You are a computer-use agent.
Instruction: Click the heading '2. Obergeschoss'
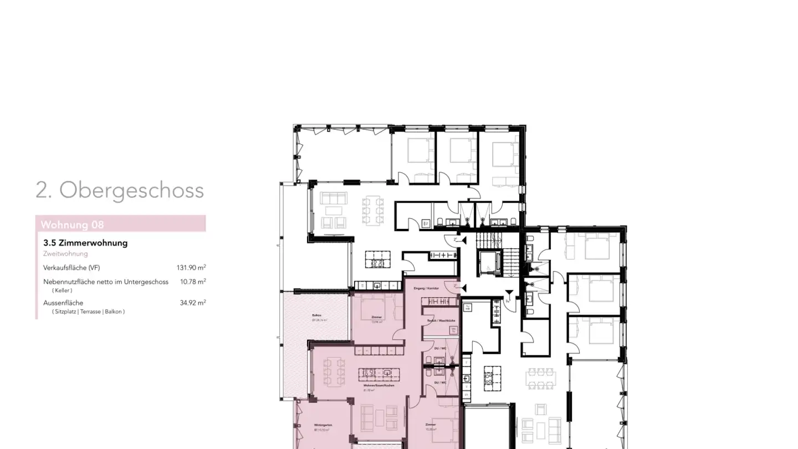click(120, 190)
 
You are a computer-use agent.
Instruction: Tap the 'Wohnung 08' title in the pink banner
click(72, 225)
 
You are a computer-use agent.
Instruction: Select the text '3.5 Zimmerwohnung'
click(85, 243)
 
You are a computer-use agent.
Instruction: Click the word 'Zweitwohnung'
click(65, 254)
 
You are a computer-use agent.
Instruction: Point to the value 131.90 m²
click(191, 268)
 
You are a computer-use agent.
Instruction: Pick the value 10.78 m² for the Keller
click(193, 282)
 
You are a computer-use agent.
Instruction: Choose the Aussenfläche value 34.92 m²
click(193, 303)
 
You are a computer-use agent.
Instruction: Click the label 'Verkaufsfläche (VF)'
click(71, 268)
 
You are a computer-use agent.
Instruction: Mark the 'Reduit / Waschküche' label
click(441, 321)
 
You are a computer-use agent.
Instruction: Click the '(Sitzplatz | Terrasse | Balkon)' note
click(89, 312)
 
